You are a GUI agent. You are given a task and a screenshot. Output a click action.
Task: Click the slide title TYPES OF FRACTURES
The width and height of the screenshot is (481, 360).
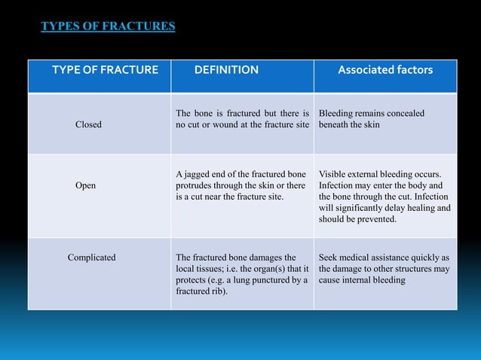(x=108, y=27)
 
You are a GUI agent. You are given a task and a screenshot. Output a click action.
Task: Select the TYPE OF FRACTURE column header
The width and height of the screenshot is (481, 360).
(x=105, y=70)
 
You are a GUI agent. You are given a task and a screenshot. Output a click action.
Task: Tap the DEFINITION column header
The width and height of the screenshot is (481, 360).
(x=226, y=70)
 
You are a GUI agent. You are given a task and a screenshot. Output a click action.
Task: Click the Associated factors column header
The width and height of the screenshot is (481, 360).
(x=384, y=70)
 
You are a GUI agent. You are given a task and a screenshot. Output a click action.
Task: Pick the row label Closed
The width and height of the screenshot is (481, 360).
(x=88, y=124)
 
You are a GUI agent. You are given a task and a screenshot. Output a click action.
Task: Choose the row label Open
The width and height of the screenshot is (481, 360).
(x=85, y=185)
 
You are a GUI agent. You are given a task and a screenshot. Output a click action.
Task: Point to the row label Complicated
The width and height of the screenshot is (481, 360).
(x=92, y=258)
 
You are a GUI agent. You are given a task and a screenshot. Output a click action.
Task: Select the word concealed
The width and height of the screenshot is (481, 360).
(x=405, y=113)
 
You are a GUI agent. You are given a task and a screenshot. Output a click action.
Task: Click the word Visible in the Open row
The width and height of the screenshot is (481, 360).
(x=335, y=173)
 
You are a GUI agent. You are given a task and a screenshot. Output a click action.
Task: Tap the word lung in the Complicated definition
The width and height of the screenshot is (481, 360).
(x=246, y=280)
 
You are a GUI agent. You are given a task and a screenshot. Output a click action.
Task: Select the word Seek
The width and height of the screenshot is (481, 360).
(x=330, y=258)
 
